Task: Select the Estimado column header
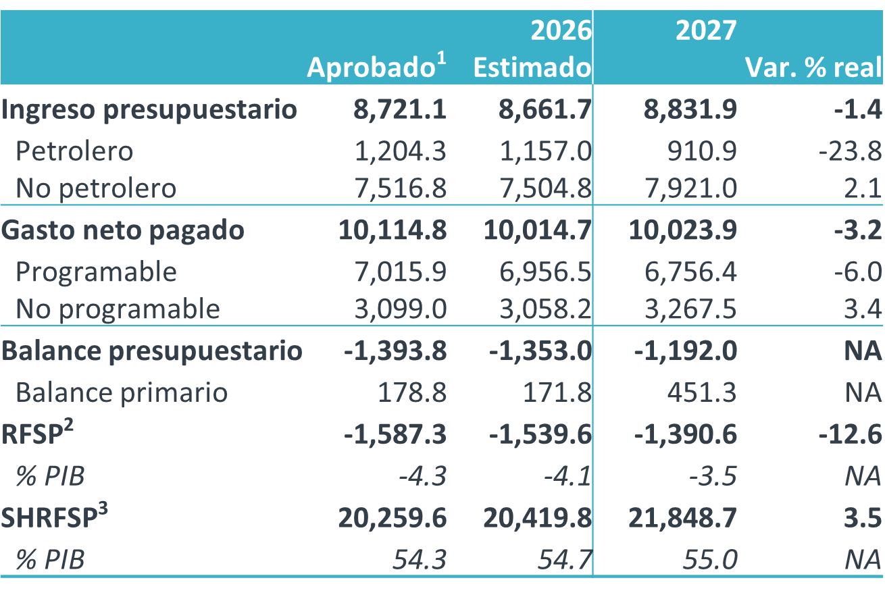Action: pyautogui.click(x=532, y=68)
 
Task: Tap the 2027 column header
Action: pyautogui.click(x=706, y=31)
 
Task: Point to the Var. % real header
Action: pyautogui.click(x=813, y=68)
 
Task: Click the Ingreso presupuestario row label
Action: pyautogui.click(x=149, y=109)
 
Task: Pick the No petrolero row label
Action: pyautogui.click(x=96, y=188)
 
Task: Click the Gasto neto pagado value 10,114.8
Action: pyautogui.click(x=392, y=230)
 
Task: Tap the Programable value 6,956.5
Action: pyautogui.click(x=547, y=271)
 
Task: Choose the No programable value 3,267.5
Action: pyautogui.click(x=691, y=309)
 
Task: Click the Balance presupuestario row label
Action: pyautogui.click(x=152, y=351)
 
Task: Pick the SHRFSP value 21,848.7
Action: pyautogui.click(x=682, y=518)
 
